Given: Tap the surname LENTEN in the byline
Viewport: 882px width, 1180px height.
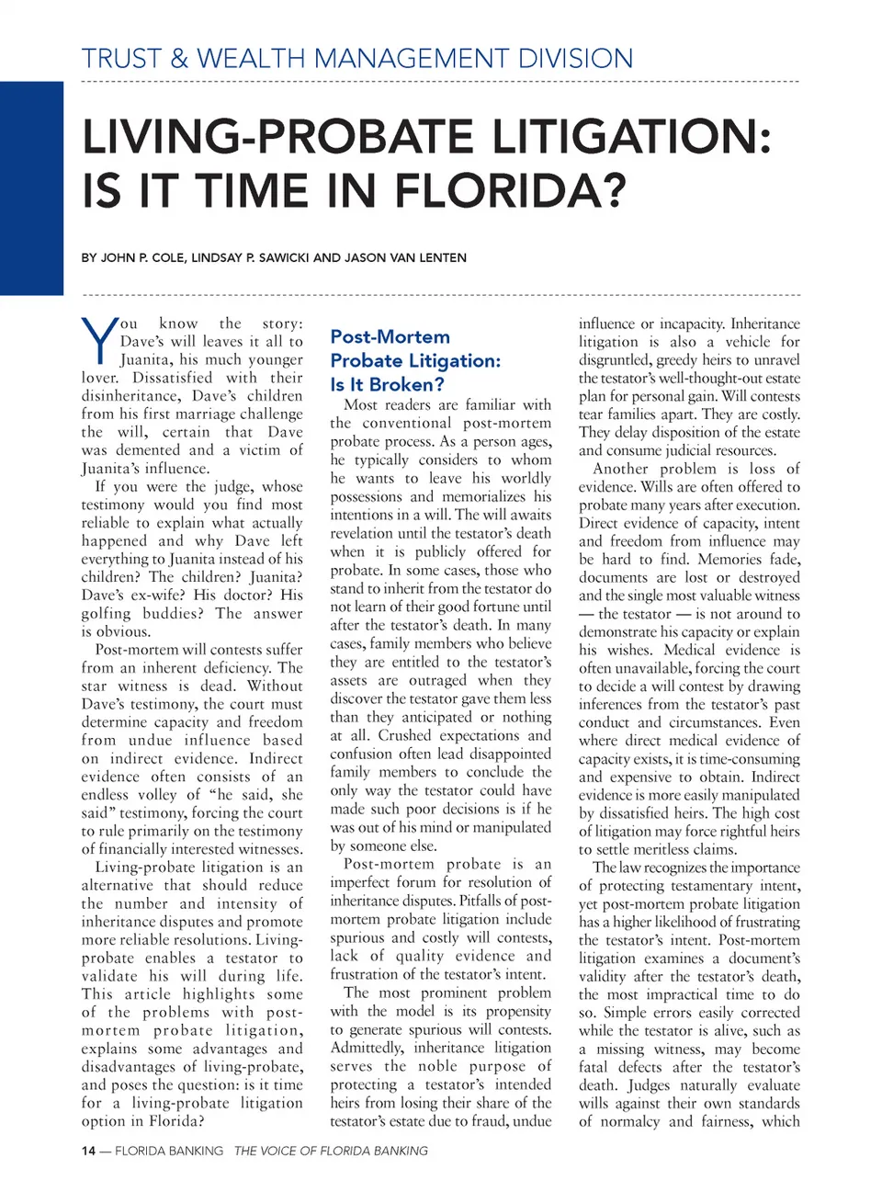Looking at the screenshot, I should click(x=438, y=258).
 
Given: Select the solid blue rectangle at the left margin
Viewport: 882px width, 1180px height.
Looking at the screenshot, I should click(x=31, y=187).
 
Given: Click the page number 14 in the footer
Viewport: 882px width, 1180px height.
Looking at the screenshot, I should click(x=88, y=1151).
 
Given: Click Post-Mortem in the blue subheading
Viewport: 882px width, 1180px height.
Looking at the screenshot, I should click(x=390, y=337).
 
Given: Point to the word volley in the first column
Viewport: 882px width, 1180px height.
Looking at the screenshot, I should click(x=158, y=795).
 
